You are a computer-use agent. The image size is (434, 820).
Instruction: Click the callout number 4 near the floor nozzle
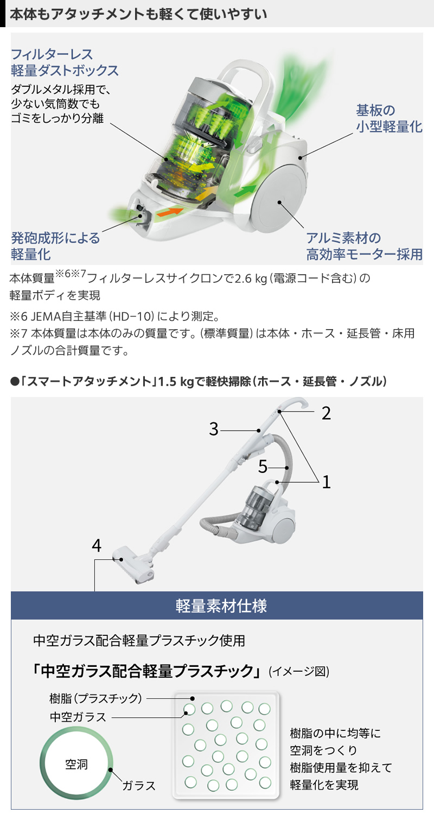97,546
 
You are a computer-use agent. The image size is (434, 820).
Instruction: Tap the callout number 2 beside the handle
325,413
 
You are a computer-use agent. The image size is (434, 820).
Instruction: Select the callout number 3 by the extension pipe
214,430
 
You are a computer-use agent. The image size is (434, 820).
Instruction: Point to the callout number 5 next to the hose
263,466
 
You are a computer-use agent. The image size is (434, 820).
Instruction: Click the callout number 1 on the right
326,481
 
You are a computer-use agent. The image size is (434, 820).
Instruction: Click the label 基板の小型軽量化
388,118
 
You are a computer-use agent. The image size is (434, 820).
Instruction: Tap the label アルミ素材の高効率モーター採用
364,245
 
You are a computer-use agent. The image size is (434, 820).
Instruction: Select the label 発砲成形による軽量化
55,245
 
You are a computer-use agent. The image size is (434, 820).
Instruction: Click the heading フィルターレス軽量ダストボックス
64,62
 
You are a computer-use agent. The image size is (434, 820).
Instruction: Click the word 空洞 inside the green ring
76,764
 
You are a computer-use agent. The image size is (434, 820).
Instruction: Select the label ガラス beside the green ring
139,785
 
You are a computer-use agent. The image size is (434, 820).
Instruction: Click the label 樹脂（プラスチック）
95,698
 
